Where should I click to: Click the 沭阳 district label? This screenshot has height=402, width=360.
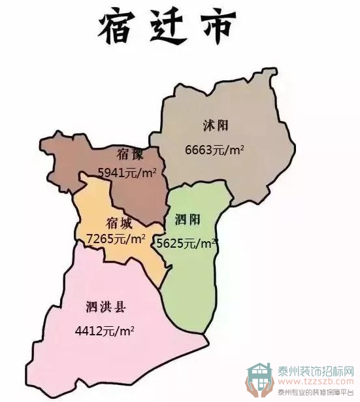pos(216,125)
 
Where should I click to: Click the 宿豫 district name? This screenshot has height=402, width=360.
pos(131,155)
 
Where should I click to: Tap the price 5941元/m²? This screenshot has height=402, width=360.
pos(127,173)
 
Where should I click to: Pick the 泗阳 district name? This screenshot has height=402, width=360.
pos(188,220)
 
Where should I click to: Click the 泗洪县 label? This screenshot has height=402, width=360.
pos(105,306)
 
